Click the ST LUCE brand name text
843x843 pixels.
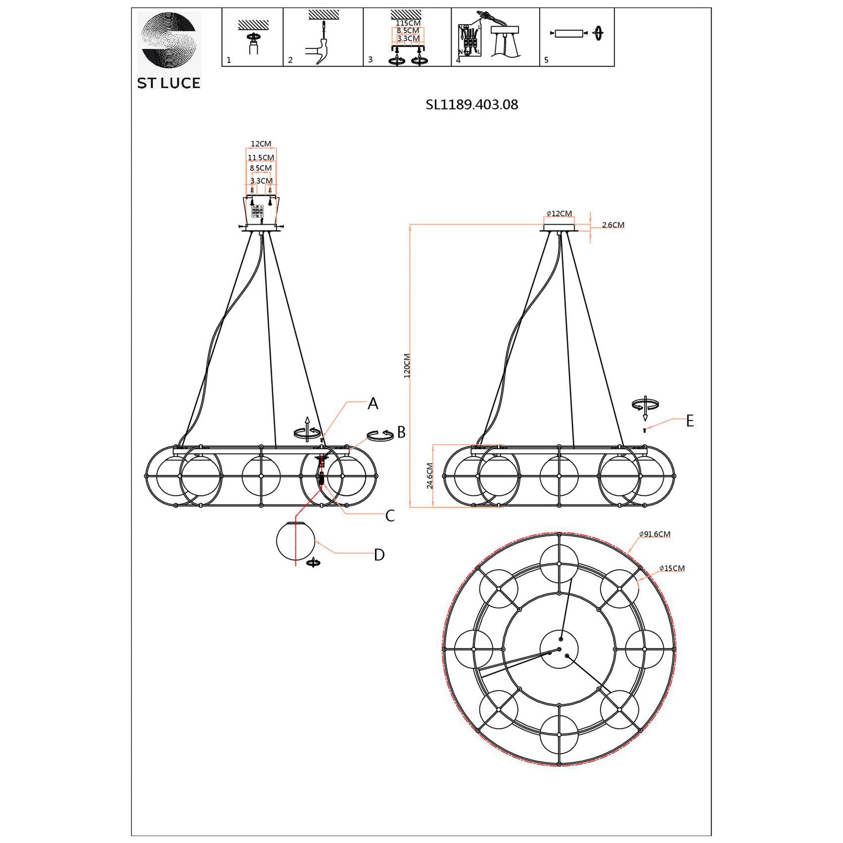(x=169, y=83)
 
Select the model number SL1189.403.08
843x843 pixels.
(x=472, y=105)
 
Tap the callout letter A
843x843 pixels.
(x=373, y=404)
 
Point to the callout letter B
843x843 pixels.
(x=401, y=432)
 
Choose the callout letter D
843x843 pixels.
(x=379, y=555)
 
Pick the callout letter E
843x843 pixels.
(x=690, y=421)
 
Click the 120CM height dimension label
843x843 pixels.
(x=407, y=365)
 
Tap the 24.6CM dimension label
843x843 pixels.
(x=430, y=476)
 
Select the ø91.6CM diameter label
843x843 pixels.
(x=655, y=534)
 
